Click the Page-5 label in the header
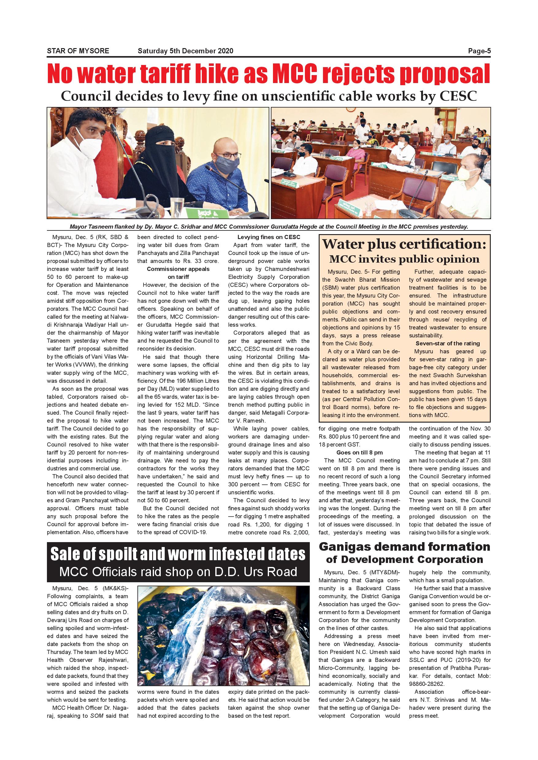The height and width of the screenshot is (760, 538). pyautogui.click(x=479, y=51)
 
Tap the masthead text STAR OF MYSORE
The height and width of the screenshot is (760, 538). pyautogui.click(x=78, y=51)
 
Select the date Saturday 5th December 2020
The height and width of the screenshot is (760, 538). pyautogui.click(x=185, y=51)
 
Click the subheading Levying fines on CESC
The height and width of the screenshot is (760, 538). pyautogui.click(x=269, y=237)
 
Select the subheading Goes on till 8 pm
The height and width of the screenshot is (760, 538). pyautogui.click(x=359, y=453)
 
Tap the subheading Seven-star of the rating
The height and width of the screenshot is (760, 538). pyautogui.click(x=448, y=343)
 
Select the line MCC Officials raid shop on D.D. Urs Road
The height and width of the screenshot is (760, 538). pyautogui.click(x=178, y=572)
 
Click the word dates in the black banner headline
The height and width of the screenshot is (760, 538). pyautogui.click(x=286, y=554)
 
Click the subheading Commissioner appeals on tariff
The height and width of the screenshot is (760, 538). pyautogui.click(x=178, y=273)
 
